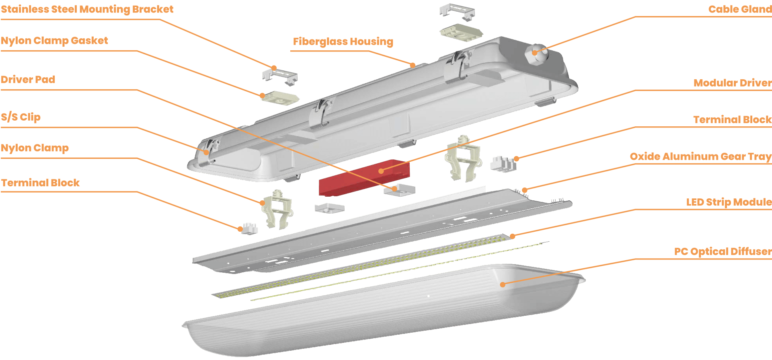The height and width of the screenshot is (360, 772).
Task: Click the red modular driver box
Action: click(x=364, y=178)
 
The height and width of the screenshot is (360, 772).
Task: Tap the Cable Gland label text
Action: click(x=740, y=9)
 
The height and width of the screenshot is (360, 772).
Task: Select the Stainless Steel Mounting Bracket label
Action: click(x=87, y=9)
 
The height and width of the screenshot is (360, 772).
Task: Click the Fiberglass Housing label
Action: click(x=343, y=41)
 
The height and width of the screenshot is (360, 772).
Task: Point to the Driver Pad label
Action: click(x=28, y=80)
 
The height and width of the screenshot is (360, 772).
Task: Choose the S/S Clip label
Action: click(x=21, y=117)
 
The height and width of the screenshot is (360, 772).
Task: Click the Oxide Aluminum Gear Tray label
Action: click(x=701, y=156)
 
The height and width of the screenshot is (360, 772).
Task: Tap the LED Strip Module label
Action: click(x=729, y=202)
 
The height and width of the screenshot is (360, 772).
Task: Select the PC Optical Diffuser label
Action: click(x=723, y=251)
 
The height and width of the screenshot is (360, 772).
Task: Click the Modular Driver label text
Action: click(x=733, y=83)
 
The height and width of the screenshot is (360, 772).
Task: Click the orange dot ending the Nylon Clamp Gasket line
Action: click(x=263, y=96)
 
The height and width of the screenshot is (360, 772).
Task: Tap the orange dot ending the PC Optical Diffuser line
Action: click(x=503, y=284)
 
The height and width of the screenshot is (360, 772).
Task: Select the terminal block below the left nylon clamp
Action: click(x=250, y=228)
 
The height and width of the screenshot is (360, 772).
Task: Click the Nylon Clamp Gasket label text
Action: click(x=54, y=41)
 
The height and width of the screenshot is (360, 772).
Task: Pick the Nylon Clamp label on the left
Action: click(x=35, y=148)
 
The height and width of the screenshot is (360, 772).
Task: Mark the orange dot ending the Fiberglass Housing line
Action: click(x=413, y=65)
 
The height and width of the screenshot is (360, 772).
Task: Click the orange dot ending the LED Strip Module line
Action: click(x=512, y=237)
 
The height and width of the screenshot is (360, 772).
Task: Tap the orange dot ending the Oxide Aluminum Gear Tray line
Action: click(x=525, y=190)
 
